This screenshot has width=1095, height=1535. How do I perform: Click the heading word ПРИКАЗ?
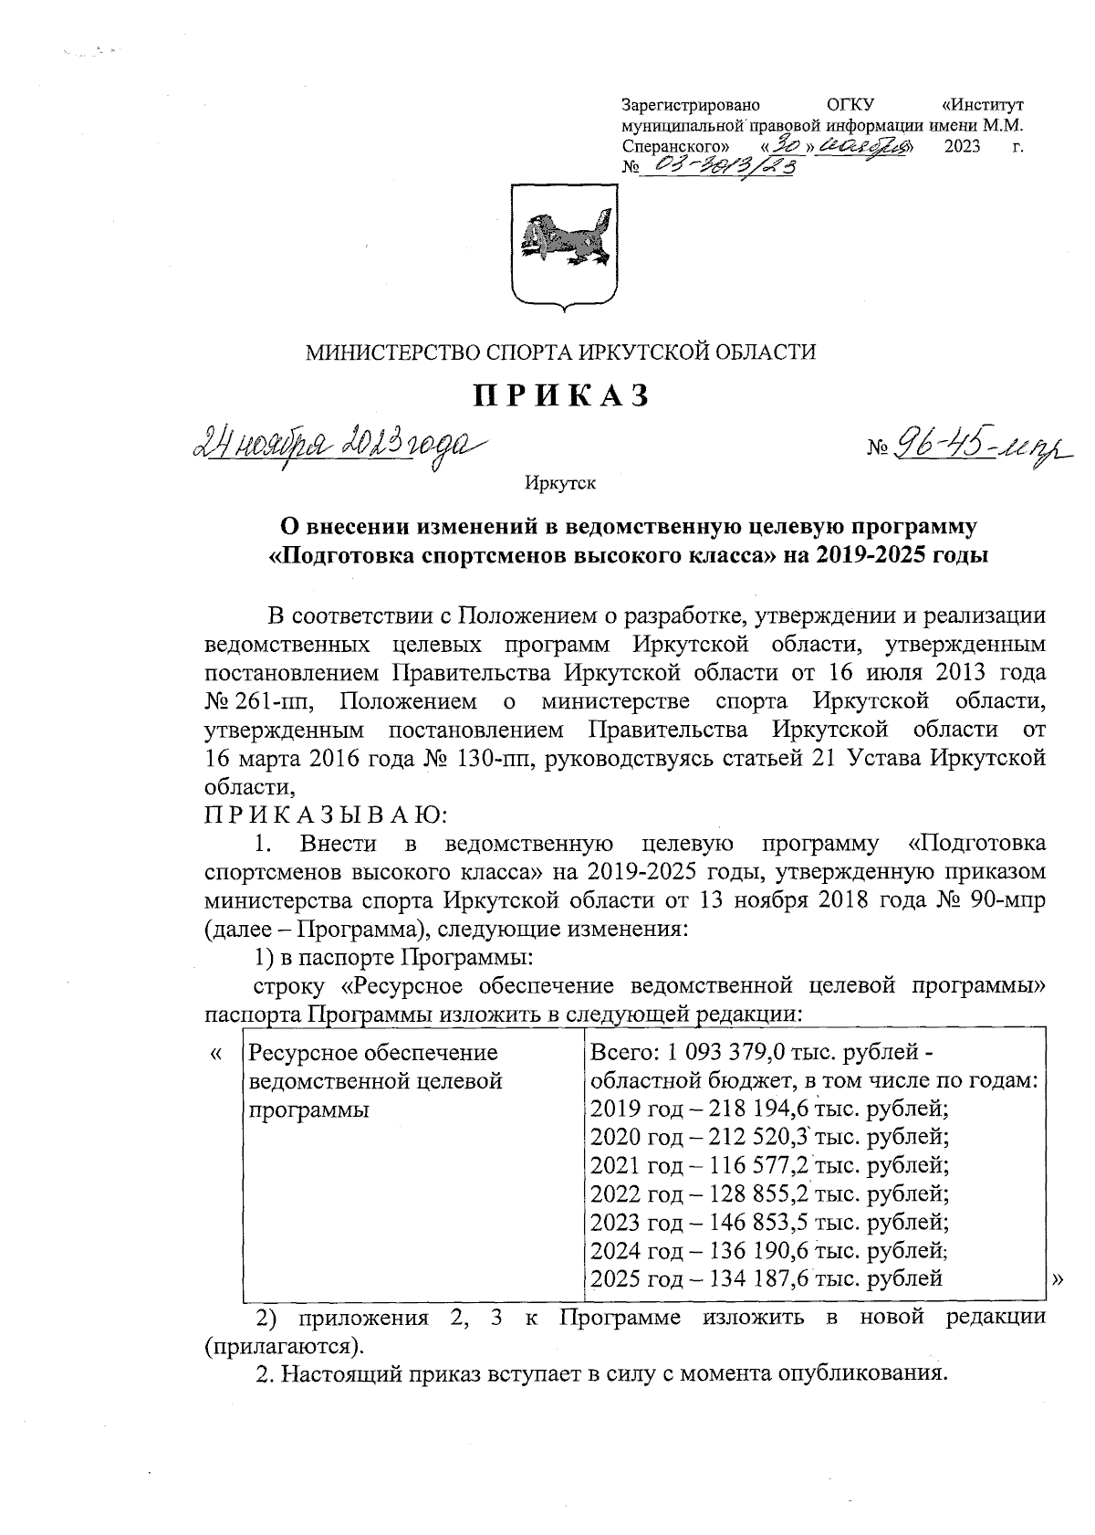pyautogui.click(x=560, y=395)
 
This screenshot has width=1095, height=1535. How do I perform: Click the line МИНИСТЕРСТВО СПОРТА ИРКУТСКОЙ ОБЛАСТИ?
pyautogui.click(x=560, y=352)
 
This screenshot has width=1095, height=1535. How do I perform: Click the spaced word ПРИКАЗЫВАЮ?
pyautogui.click(x=325, y=813)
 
